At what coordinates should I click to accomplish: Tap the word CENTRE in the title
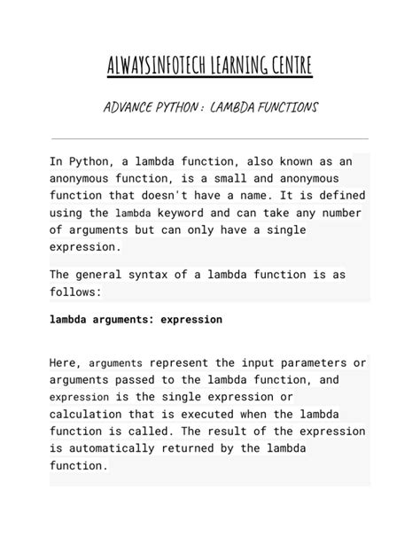coord(286,67)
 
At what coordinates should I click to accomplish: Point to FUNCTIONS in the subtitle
coord(285,108)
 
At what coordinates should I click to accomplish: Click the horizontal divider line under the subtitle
coord(210,139)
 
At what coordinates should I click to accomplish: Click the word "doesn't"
coord(167,195)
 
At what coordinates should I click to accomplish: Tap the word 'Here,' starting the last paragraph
coord(66,363)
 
